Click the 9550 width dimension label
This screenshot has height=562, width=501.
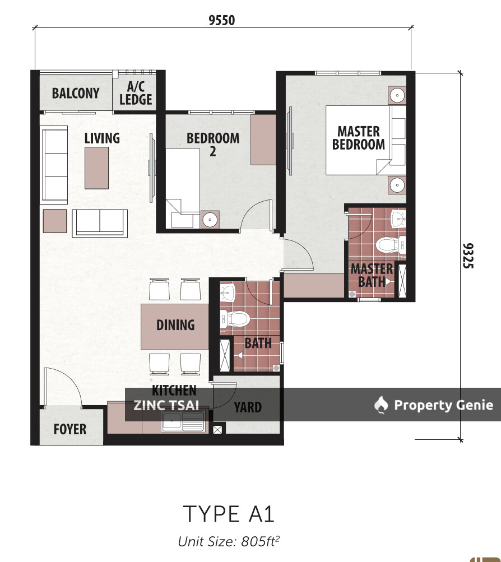(x=221, y=21)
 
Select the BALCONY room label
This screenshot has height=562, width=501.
(x=76, y=93)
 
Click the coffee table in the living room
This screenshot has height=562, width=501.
(x=96, y=168)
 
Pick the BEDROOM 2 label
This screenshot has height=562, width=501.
(x=213, y=143)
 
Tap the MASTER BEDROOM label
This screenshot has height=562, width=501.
(x=359, y=138)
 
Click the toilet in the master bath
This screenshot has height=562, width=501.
(x=387, y=245)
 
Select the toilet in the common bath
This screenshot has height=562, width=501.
(x=238, y=319)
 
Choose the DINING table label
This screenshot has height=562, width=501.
(x=175, y=325)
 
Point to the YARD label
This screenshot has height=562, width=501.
(x=248, y=407)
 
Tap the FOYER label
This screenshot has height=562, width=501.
(x=70, y=429)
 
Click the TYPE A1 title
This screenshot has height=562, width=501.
(x=229, y=514)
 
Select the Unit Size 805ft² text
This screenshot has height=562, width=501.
(x=229, y=542)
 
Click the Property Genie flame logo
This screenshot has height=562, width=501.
(x=382, y=405)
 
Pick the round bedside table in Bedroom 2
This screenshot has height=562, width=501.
(x=211, y=220)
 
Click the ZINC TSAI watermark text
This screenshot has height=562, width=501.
(x=166, y=405)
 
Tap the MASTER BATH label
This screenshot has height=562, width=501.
(x=372, y=275)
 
